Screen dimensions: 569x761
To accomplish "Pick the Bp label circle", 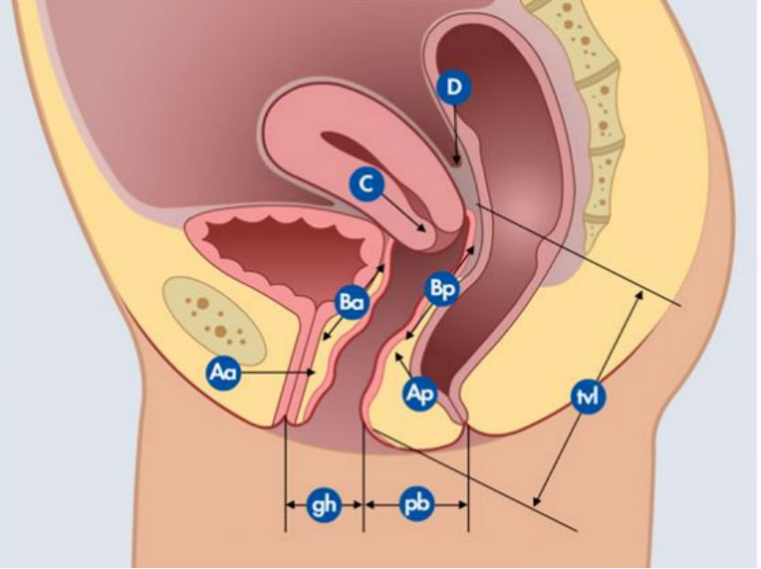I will coord(441,288).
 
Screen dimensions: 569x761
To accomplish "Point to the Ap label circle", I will coord(419,394).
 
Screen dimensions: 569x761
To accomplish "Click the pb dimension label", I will coord(417,504).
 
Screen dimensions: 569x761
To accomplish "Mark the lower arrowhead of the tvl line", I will coord(537,503).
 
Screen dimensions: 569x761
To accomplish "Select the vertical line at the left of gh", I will coord(286,476).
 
